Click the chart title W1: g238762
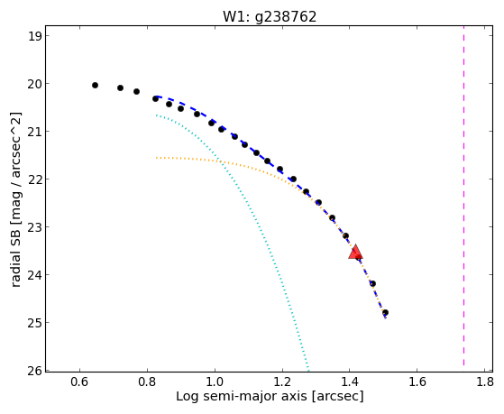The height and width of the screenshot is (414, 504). tap(270, 17)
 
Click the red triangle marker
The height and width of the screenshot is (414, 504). tap(355, 252)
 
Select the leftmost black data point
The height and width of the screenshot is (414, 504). tap(95, 86)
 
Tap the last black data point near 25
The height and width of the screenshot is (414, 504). tap(385, 313)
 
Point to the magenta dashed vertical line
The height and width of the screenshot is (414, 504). tap(463, 196)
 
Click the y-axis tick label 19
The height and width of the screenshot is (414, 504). tap(34, 36)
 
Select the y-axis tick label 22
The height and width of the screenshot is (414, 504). tap(34, 179)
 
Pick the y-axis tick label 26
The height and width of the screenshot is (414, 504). tap(34, 371)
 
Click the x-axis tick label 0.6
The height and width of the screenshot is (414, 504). tap(79, 382)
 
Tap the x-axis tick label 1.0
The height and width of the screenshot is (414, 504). tap(215, 382)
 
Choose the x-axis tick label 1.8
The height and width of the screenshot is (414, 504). tap(484, 382)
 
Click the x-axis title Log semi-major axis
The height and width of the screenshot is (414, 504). tap(242, 396)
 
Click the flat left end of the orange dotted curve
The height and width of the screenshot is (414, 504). tap(157, 158)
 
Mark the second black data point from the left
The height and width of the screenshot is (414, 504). tap(120, 87)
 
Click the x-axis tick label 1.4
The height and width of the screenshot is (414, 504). tap(350, 382)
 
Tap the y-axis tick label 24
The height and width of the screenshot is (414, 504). tap(34, 275)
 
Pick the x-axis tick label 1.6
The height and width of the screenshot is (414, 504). tap(417, 382)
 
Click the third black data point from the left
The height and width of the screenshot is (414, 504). tap(136, 91)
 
